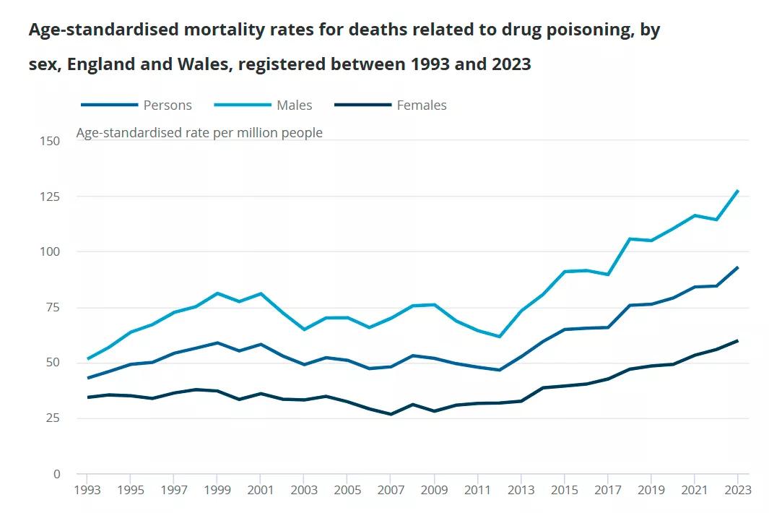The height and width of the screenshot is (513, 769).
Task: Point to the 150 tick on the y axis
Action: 50,141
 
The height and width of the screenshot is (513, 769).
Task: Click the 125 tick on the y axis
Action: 50,197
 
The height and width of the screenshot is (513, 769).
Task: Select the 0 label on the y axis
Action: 56,474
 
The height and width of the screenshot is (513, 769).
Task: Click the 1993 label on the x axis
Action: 87,490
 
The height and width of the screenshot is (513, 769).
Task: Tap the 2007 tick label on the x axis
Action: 391,490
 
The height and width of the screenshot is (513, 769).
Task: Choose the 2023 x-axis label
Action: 738,490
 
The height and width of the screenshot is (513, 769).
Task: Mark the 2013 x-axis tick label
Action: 521,490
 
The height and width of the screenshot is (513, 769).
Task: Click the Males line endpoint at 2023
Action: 738,191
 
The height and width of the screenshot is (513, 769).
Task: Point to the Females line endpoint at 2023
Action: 738,341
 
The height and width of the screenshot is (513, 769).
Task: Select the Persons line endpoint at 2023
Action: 738,267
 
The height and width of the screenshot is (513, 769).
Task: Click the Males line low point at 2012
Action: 499,337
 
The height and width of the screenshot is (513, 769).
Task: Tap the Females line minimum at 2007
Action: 391,414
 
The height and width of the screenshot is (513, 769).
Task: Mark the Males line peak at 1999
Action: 217,293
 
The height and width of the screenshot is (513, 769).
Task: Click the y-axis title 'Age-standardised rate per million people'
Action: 199,133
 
